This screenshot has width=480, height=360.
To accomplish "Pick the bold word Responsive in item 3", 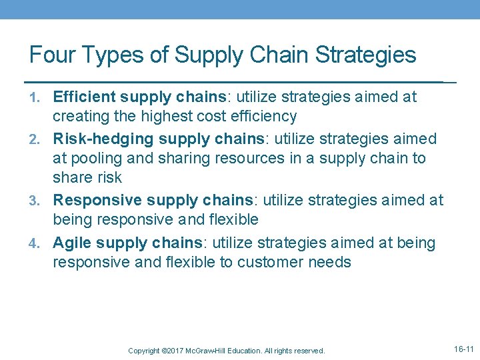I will point(93,201).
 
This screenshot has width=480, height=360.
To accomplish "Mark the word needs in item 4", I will point(330,262).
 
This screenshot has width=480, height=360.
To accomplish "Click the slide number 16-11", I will point(463,349).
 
